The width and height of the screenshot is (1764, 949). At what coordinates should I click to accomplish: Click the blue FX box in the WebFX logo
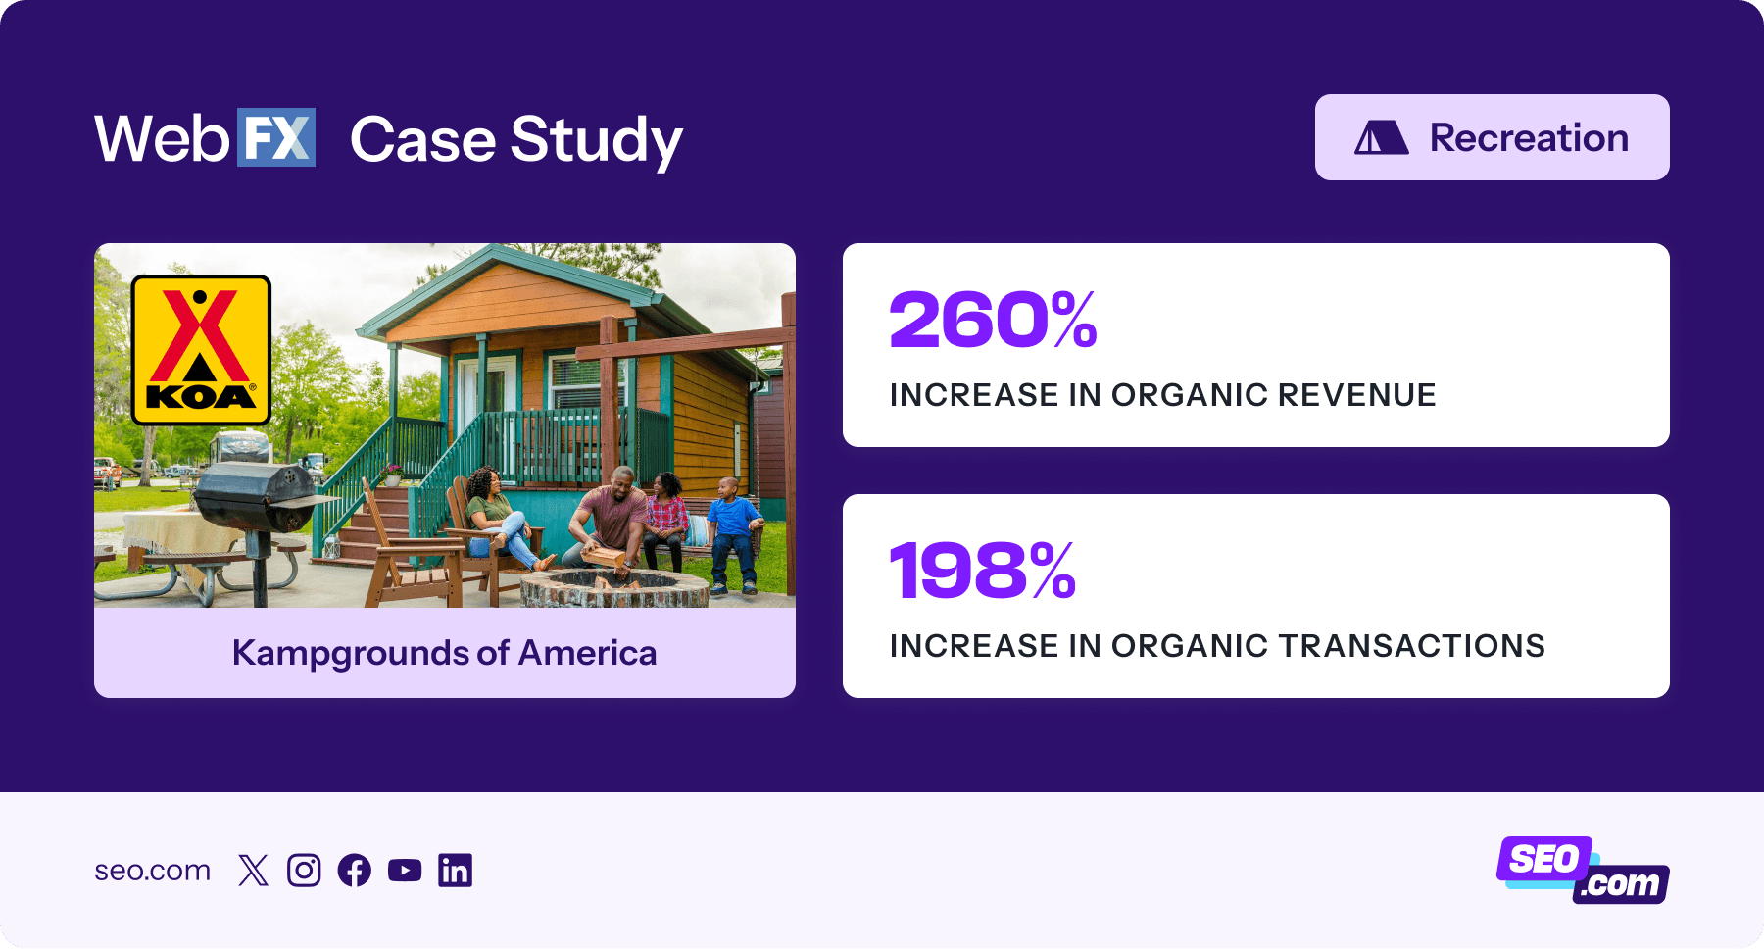coord(275,137)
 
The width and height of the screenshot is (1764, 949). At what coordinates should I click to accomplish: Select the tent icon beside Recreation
coord(1381,138)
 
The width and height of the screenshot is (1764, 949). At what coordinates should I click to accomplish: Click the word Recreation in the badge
coord(1529,138)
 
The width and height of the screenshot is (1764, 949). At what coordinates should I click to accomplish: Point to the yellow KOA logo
coord(201,350)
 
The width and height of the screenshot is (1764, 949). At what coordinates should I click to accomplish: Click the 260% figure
coord(993,321)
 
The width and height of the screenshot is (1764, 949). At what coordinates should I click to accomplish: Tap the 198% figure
coord(982,572)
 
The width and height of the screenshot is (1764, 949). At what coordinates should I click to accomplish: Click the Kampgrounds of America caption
coord(444,653)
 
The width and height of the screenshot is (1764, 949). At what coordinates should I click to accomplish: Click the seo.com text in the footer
coord(152,871)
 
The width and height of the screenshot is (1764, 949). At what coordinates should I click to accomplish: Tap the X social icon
coord(253,871)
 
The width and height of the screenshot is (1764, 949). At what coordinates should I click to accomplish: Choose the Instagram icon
coord(304,871)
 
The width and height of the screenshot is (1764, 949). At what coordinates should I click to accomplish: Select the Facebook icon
coord(354,871)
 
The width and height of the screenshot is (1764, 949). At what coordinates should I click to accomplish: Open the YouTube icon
coord(405,871)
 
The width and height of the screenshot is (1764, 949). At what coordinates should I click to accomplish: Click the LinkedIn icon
coord(455,871)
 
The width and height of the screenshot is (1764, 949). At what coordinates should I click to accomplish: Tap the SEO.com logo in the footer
coord(1582,870)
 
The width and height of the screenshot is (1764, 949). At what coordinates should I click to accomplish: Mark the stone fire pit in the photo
coord(613,588)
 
